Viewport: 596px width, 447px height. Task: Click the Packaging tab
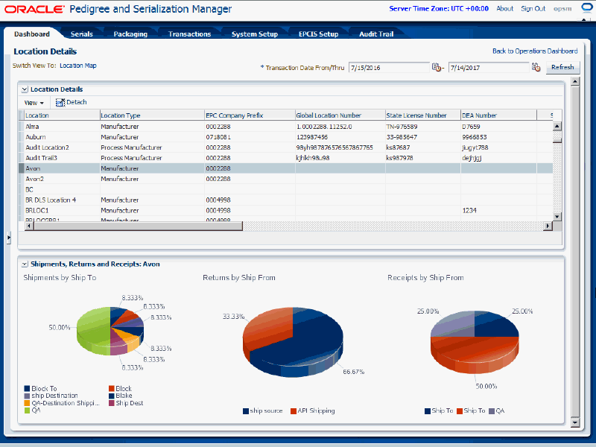tap(130, 34)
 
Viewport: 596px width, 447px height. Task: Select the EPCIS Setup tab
tap(318, 34)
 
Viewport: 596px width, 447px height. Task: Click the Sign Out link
tap(533, 9)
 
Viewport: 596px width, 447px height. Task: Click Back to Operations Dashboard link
tap(534, 51)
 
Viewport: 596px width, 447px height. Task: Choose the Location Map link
tap(78, 66)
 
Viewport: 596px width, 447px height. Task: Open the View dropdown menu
tap(34, 103)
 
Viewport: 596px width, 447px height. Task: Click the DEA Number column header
tap(479, 115)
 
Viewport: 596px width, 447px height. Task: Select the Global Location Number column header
tap(329, 115)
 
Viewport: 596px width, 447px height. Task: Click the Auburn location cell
tap(36, 137)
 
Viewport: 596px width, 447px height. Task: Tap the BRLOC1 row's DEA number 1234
tap(469, 210)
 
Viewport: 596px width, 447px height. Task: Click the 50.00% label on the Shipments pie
tap(60, 327)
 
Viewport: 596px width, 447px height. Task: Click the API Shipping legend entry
tap(315, 410)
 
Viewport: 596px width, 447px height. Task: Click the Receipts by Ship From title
tap(425, 278)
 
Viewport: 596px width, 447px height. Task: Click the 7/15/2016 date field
tap(387, 67)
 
